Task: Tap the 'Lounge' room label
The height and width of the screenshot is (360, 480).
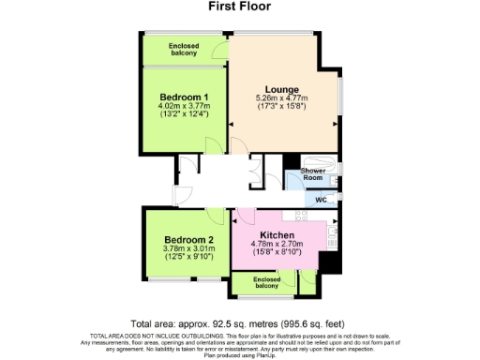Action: (x=282, y=88)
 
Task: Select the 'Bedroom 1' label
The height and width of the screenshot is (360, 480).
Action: (x=184, y=97)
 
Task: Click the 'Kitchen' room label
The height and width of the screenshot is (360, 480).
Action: (x=277, y=234)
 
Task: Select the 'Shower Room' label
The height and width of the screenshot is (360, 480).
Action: (x=312, y=175)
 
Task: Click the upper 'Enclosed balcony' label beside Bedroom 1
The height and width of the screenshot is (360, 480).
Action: (x=183, y=49)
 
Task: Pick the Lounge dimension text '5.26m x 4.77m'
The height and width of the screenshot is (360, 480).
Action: (x=282, y=98)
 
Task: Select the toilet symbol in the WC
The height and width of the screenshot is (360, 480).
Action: (x=335, y=199)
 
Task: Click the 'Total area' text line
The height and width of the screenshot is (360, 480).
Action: (x=238, y=322)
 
